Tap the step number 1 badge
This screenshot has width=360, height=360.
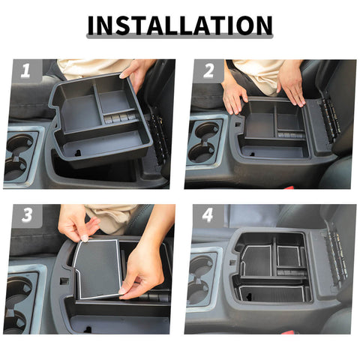point(24,72)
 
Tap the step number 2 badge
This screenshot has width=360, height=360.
point(208,72)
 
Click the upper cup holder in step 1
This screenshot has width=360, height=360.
point(22,142)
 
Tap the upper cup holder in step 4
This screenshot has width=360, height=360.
point(201,266)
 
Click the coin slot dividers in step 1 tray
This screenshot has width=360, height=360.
point(120,118)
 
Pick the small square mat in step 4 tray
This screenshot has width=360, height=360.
point(287,256)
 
